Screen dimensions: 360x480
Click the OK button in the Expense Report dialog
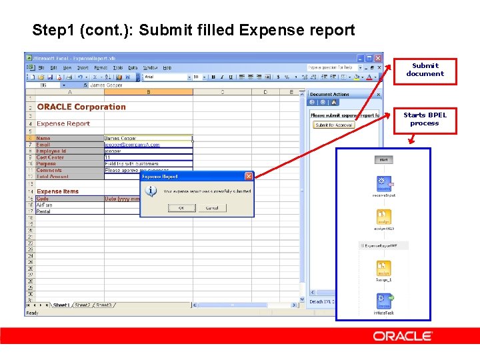[181, 208]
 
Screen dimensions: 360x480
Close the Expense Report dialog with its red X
[249, 176]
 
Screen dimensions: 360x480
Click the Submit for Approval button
[334, 125]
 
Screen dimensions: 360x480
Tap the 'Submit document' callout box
[425, 71]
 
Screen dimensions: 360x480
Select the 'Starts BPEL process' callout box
[425, 120]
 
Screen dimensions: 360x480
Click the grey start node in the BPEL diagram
[383, 159]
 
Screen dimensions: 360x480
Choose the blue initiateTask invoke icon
[383, 301]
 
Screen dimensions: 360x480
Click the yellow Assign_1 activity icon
[383, 269]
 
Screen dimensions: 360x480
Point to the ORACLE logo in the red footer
[402, 336]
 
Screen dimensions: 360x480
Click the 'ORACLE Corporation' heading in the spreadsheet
[81, 107]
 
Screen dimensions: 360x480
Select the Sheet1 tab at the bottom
[61, 305]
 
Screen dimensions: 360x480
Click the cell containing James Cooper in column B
[148, 138]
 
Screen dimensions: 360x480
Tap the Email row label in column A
[43, 145]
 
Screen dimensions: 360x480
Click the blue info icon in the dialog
[151, 191]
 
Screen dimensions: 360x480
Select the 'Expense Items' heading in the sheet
[57, 191]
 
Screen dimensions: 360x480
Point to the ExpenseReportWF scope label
[386, 246]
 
